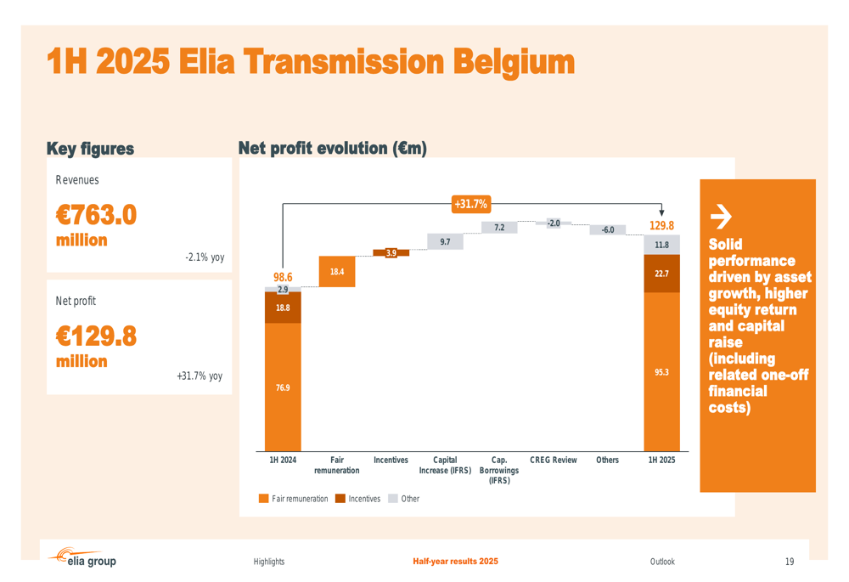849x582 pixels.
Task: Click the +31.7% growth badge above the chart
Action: click(470, 204)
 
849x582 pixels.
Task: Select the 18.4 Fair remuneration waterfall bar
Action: click(337, 272)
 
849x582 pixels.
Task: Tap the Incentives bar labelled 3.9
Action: click(391, 252)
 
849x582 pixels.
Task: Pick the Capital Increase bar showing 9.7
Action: click(445, 242)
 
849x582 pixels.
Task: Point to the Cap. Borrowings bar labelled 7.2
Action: click(499, 228)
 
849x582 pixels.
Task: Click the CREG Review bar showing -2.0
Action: click(554, 223)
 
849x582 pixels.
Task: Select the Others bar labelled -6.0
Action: click(608, 229)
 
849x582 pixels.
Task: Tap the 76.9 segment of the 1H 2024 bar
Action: click(283, 387)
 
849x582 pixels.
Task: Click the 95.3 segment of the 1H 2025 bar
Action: click(661, 372)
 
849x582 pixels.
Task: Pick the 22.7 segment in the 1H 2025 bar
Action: click(661, 274)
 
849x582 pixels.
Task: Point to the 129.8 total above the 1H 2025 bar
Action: click(661, 226)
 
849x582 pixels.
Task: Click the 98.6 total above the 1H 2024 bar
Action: click(283, 277)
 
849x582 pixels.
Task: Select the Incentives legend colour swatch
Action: click(340, 499)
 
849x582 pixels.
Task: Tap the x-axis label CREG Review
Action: click(553, 461)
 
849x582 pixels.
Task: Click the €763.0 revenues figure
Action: click(96, 215)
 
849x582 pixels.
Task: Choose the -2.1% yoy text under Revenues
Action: click(205, 257)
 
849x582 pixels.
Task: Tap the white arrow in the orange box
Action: click(720, 218)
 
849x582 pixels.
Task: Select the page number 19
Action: click(790, 562)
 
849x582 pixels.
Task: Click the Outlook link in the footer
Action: click(662, 562)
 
